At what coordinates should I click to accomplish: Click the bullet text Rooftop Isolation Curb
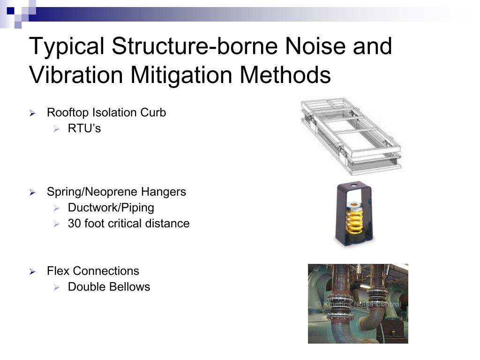106,113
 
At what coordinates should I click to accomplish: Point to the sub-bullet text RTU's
84,128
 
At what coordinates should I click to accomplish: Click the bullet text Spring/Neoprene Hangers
116,192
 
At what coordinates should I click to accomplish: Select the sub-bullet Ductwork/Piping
111,208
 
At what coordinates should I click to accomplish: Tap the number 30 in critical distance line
74,224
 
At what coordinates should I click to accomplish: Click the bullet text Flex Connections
93,271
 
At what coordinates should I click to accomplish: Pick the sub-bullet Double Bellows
109,287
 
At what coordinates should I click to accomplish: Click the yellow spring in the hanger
354,222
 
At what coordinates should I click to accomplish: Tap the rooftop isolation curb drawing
350,135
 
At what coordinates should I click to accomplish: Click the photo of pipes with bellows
358,303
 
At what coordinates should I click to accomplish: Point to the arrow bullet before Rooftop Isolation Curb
32,113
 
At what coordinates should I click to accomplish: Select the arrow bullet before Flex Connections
32,272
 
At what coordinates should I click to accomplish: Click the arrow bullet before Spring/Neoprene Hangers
32,193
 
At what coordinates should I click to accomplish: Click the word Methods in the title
285,75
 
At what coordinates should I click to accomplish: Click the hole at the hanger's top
354,192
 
